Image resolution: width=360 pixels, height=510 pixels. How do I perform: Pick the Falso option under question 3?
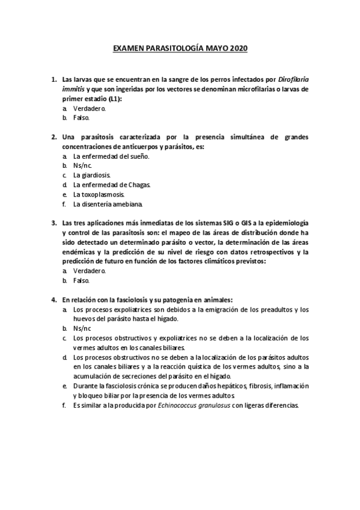click(81, 280)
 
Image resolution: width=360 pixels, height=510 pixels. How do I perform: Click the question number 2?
click(53, 137)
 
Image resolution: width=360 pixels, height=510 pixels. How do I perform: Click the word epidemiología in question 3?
click(284, 223)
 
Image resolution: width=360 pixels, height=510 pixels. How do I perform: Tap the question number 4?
click(53, 300)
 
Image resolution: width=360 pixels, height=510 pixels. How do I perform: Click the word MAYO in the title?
click(212, 48)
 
